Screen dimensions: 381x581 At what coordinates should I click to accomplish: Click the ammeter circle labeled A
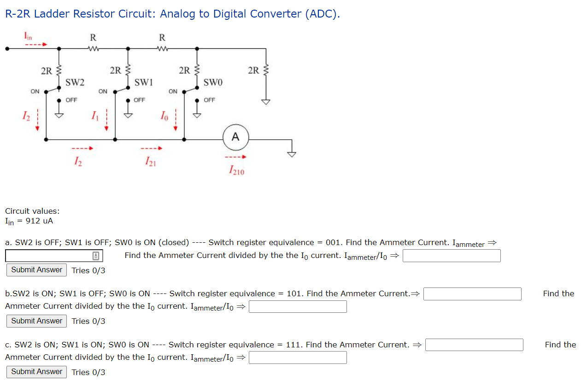tap(235, 137)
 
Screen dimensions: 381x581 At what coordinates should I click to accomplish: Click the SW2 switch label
tap(75, 83)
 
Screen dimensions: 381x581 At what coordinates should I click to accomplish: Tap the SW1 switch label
tap(144, 83)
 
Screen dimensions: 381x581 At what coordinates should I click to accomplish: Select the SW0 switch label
tap(213, 83)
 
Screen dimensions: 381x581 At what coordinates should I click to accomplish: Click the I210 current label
tap(236, 171)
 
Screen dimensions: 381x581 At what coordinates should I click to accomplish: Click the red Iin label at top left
tap(28, 35)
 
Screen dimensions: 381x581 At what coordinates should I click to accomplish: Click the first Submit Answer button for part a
tap(36, 270)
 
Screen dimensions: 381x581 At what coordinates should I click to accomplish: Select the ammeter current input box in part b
tap(472, 294)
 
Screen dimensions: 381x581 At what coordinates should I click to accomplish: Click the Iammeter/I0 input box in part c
tap(298, 358)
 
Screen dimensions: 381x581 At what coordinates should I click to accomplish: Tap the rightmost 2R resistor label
tap(253, 70)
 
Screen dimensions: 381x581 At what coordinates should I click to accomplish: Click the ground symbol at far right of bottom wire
tap(292, 154)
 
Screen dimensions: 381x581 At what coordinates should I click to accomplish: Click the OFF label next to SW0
tap(209, 100)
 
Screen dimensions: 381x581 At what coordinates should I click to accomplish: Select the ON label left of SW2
tap(35, 91)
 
